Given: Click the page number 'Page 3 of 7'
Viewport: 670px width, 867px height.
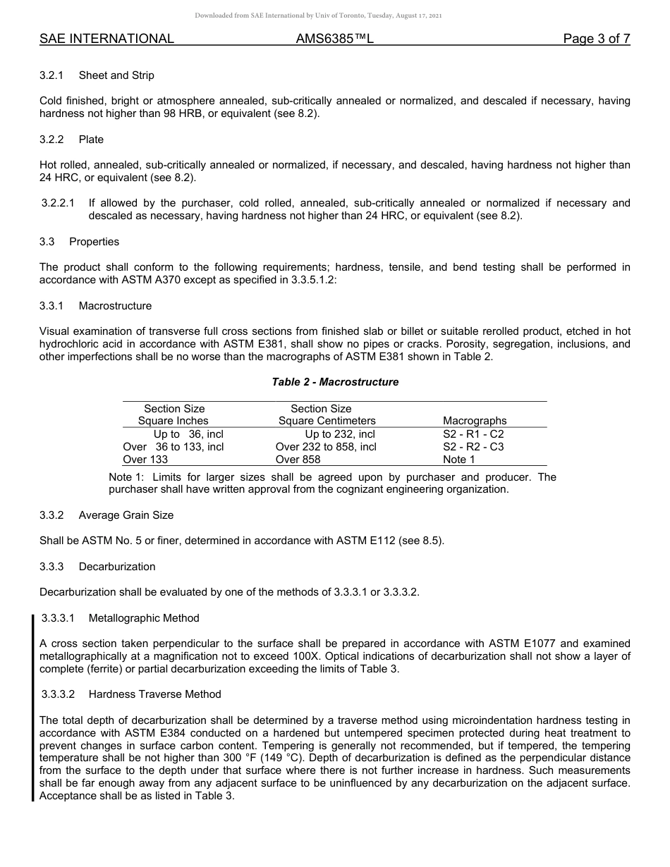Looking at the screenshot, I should coord(596,39).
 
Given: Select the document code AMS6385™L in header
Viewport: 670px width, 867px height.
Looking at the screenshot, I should coord(334,39).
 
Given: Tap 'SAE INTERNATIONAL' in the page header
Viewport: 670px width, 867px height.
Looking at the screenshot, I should coord(106,39).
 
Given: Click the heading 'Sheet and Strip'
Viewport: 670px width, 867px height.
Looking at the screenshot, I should coord(116,75).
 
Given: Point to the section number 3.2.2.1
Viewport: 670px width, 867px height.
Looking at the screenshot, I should coord(58,203).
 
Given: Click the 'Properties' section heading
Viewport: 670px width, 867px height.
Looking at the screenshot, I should coord(94,242).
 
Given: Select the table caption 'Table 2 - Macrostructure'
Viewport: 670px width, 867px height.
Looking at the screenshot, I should coord(335,382).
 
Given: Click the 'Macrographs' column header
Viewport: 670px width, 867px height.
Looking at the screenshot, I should coord(475,421).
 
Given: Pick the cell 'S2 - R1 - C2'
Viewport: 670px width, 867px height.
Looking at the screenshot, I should coord(473,434).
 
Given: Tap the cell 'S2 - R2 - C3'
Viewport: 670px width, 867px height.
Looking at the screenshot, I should coord(473,447).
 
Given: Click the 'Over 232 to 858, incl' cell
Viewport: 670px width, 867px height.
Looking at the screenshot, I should coord(326,447).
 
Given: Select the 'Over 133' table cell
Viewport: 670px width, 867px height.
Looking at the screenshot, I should coord(145,460).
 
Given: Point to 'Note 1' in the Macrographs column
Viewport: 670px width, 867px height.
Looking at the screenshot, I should coord(458,460).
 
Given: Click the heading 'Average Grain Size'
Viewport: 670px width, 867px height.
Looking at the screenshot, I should coord(126,515).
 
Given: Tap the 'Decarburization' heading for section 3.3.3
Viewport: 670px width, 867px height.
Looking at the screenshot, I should coord(117,567).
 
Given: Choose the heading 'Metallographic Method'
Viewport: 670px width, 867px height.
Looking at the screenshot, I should coord(144,618).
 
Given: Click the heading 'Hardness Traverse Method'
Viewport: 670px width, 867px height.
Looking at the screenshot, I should coord(154,694).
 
